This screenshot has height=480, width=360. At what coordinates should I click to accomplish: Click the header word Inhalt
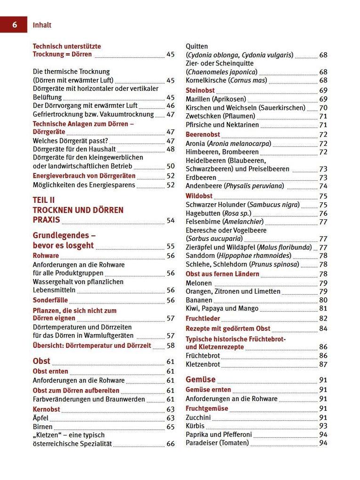(42, 25)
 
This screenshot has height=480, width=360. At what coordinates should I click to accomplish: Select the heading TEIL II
(44, 200)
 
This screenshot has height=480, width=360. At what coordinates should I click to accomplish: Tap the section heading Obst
(41, 361)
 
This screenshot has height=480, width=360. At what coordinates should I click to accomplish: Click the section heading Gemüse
(200, 379)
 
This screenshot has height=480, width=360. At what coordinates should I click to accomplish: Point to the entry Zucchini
(198, 417)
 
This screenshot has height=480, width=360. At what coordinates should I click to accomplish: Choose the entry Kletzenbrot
(203, 364)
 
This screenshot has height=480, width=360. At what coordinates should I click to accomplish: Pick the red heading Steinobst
(200, 90)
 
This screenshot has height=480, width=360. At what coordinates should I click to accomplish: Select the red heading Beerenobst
(203, 135)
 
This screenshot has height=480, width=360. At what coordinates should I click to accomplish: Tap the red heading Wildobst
(199, 196)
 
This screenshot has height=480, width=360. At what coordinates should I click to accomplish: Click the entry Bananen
(199, 300)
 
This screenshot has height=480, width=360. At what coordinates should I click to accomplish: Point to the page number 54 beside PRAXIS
(170, 220)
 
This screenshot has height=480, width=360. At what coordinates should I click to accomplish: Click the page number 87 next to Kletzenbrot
(323, 364)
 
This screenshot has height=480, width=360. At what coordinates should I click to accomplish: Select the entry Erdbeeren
(201, 178)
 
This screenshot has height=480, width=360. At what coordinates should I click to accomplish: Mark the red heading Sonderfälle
(50, 300)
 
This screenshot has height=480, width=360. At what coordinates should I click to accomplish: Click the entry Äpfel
(40, 418)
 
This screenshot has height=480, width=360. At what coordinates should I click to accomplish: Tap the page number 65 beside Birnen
(170, 427)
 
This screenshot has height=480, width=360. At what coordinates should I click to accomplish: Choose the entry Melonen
(199, 283)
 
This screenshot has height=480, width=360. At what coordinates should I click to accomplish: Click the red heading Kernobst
(47, 409)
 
